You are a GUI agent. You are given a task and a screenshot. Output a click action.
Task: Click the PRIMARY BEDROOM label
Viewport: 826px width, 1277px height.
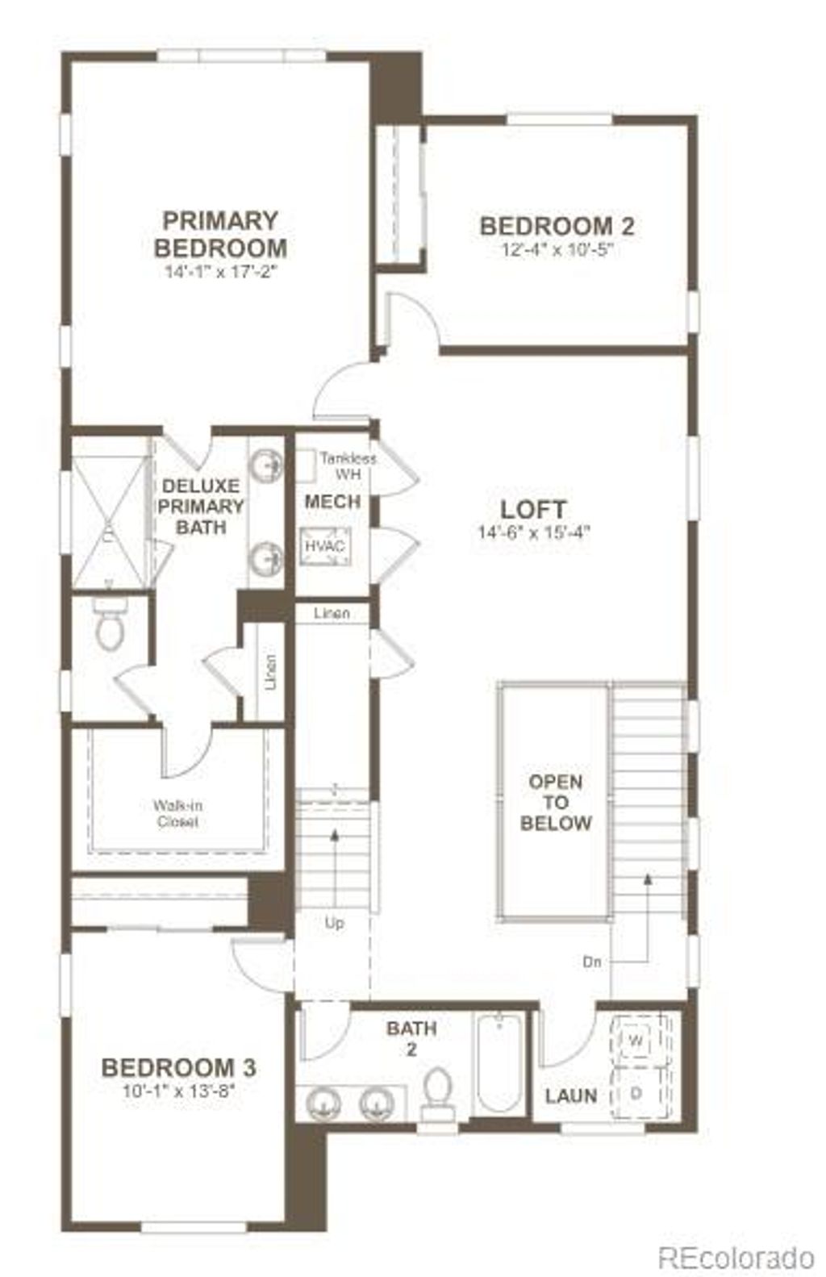(x=220, y=234)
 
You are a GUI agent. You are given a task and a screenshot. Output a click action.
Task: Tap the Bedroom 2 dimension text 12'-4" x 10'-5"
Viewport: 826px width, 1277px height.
(x=557, y=249)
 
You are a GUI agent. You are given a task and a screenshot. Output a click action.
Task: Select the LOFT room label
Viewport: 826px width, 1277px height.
(x=533, y=510)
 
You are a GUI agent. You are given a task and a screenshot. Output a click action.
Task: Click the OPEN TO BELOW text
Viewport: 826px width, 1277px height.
(x=556, y=803)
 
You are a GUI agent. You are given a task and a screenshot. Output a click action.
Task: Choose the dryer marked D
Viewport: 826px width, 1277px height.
(x=636, y=1093)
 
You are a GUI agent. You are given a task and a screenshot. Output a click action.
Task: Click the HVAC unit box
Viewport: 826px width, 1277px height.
(x=325, y=546)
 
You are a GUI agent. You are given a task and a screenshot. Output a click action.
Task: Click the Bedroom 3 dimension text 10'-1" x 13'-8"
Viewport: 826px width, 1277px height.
(x=178, y=1091)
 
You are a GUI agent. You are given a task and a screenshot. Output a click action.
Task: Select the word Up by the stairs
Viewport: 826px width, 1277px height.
(x=334, y=923)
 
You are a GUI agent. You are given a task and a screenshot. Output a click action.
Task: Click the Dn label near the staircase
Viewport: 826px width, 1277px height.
(x=592, y=962)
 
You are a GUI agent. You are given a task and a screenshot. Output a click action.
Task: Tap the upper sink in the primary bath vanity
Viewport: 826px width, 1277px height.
(x=265, y=465)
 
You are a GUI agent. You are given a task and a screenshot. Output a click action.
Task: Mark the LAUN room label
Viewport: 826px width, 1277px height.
(x=571, y=1095)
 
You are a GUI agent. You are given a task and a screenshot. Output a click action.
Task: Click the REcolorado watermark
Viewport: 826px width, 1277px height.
(x=736, y=1256)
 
